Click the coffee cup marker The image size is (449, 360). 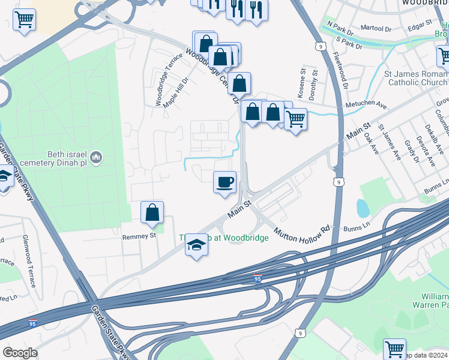point(224,182)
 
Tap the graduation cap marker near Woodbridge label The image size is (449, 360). point(196,245)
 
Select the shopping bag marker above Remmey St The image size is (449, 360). point(152,212)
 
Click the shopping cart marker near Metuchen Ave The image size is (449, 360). point(295,119)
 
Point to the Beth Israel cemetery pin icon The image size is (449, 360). point(98,157)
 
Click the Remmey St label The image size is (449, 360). point(139,236)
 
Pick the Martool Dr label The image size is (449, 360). point(375,29)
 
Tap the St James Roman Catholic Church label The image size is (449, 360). point(416,78)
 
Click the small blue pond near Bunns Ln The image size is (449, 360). point(363,208)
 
